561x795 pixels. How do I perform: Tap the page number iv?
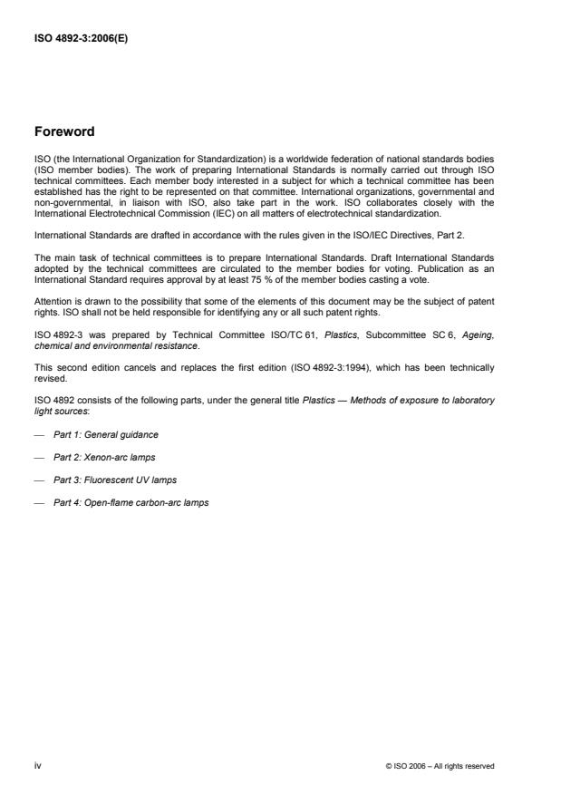[x=37, y=765]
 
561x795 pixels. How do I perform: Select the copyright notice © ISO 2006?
[x=440, y=766]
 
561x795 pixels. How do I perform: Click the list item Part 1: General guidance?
[x=106, y=434]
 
